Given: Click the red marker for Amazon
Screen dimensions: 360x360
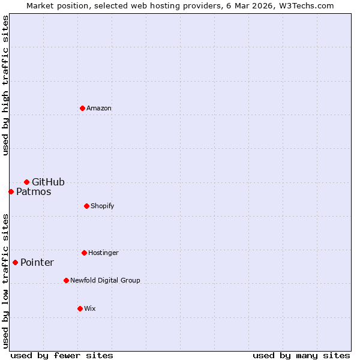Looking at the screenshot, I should tap(82, 108).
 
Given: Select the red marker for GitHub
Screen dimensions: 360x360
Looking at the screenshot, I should tap(26, 182).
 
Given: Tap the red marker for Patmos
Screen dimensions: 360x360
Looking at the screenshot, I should tap(11, 191).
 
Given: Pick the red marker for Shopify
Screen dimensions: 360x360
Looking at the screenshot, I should tap(86, 206).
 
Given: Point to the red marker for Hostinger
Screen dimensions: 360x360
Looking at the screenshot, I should tap(84, 253).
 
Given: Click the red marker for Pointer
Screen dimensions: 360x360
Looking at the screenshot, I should tap(15, 262).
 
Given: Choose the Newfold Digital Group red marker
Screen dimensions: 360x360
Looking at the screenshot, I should tap(66, 280).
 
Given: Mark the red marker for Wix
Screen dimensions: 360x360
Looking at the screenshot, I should tap(80, 308).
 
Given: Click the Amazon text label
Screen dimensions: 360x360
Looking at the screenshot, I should tap(99, 109).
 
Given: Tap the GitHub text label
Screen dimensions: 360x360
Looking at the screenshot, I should tap(48, 182).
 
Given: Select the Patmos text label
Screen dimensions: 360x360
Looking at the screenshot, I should tap(34, 192).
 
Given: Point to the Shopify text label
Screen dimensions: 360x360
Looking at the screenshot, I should tap(103, 206).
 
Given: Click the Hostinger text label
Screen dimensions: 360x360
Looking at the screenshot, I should tap(103, 253).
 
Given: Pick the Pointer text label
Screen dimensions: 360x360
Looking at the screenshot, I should tap(37, 263).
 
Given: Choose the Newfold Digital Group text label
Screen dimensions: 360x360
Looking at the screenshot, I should tap(105, 281).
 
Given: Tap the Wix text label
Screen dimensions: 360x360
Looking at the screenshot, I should tap(90, 309).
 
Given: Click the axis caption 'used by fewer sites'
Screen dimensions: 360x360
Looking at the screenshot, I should tap(62, 356).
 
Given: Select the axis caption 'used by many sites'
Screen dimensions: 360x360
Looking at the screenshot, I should tap(301, 356).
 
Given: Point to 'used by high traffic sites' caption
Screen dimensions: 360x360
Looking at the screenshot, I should tap(5, 85).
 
